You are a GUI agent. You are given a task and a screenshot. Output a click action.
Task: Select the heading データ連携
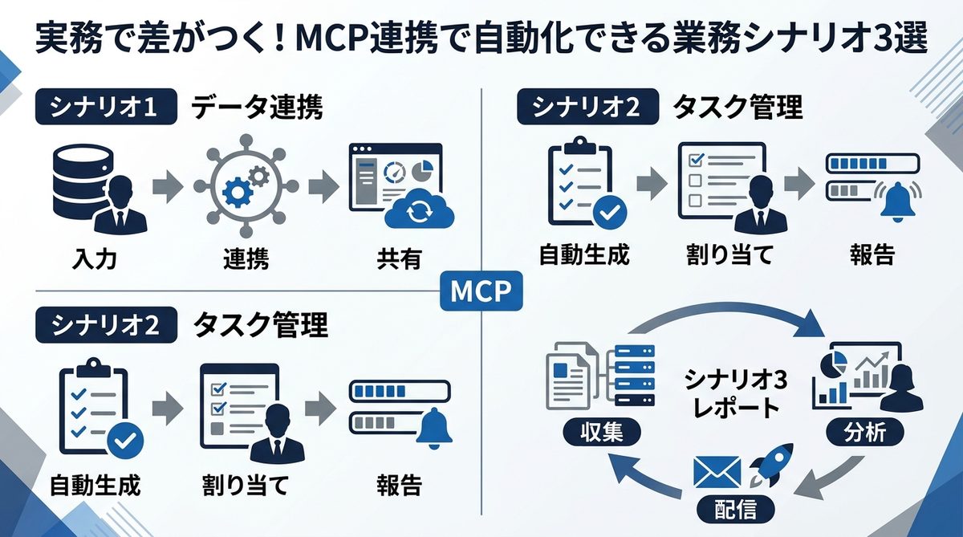tap(257, 108)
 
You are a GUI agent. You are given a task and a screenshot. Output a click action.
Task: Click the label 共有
tap(399, 259)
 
